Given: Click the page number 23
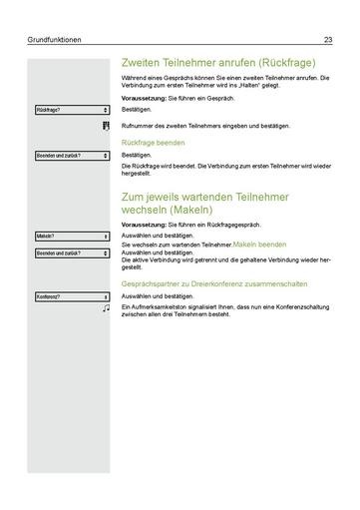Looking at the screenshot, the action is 328,40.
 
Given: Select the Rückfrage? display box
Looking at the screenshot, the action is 71,110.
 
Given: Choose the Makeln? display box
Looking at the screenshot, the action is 71,237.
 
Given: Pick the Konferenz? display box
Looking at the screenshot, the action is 71,297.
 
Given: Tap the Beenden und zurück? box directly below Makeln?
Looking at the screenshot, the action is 71,254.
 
